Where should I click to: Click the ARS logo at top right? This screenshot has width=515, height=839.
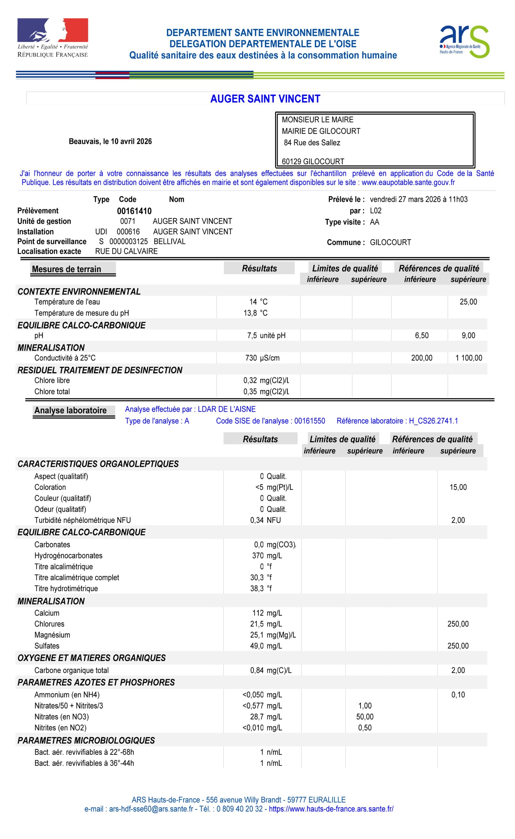coord(464,42)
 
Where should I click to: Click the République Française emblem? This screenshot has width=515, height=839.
coord(53,37)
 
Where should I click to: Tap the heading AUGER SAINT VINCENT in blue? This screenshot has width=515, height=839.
coord(265,99)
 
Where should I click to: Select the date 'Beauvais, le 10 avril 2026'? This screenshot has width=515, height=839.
coord(110,141)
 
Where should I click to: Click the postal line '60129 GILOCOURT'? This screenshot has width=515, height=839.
coord(313,161)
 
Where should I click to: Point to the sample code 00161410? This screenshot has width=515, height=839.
coord(134,211)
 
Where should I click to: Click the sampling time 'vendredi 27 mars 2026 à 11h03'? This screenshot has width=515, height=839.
coord(418,199)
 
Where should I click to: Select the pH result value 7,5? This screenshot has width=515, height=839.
coord(252,335)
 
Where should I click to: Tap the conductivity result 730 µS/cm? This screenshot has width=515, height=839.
coord(262,358)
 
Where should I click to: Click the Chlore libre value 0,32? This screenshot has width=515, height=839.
coord(250,380)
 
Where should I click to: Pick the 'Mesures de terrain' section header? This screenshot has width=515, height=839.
coord(67,269)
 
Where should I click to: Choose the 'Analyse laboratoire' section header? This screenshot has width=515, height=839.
coord(70,410)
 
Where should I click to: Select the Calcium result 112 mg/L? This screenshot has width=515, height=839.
coord(267,613)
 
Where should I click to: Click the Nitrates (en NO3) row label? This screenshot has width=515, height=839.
coord(61,717)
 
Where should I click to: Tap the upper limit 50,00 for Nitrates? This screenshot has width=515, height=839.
coord(365,717)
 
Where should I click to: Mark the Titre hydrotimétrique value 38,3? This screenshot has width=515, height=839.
coord(257,588)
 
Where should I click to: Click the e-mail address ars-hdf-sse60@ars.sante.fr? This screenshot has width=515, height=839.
coord(151,809)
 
